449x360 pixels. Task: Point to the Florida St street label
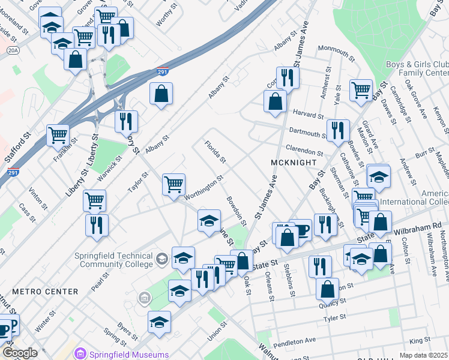pos(215,152)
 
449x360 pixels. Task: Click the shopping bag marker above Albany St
pos(161,94)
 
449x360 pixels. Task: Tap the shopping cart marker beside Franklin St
pos(58,134)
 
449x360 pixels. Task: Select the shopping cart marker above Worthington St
pos(173,184)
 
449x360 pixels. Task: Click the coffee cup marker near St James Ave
pos(301,229)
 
